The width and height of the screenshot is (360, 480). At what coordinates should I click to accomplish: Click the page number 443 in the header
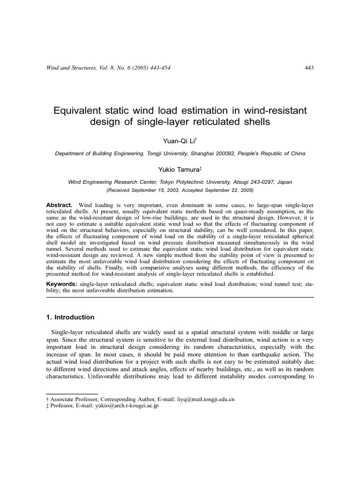click(x=309, y=68)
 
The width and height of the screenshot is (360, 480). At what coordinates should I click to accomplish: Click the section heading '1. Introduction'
click(x=70, y=317)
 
